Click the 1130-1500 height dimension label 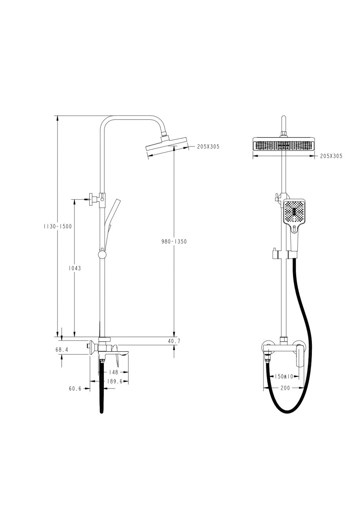58,226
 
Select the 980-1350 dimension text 174,242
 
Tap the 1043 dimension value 74,268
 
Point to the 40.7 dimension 174,341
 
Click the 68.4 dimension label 62,350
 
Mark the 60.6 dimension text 75,389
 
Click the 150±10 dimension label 284,376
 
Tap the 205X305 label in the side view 208,147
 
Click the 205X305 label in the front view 331,156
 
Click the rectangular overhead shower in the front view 284,145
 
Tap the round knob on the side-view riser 102,255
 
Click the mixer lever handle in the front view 300,355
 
